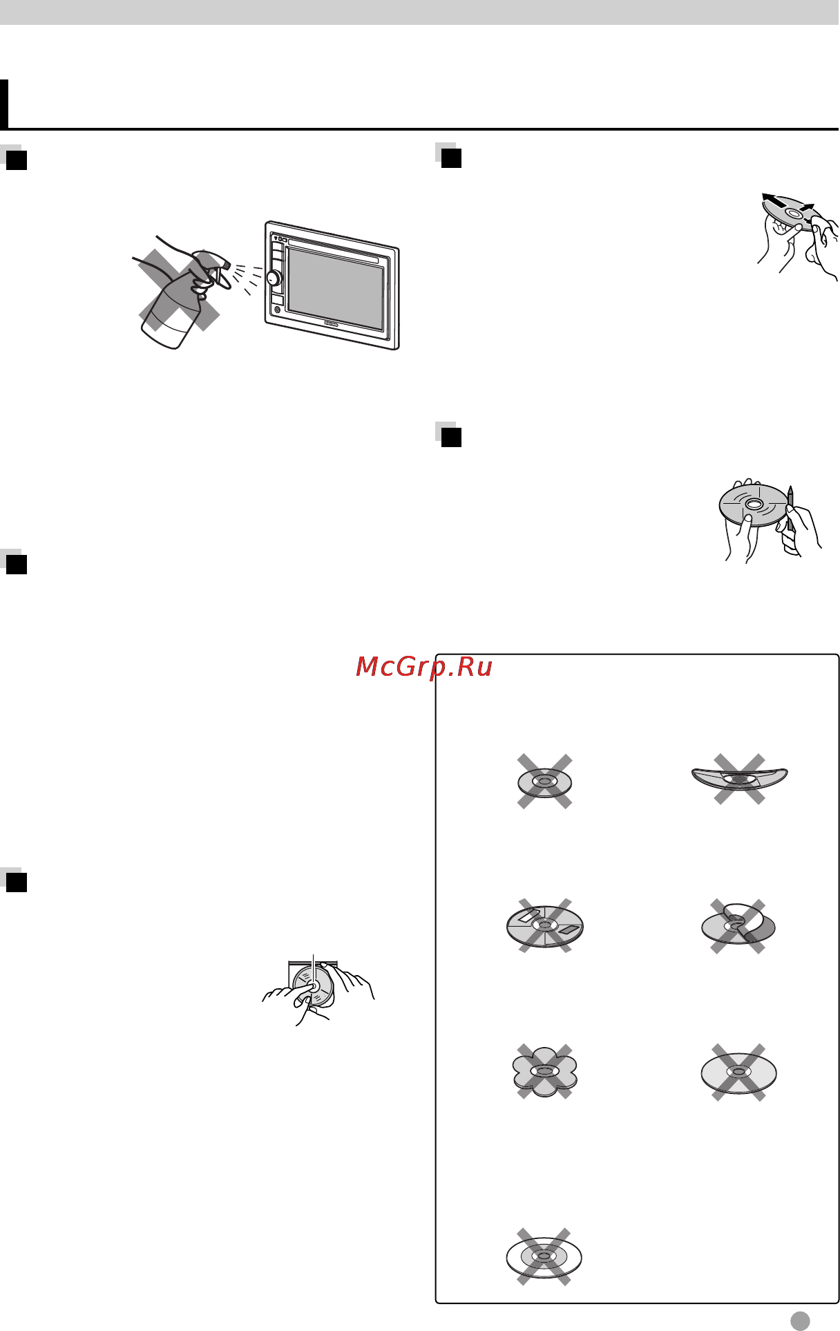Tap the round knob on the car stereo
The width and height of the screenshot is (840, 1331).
click(x=273, y=279)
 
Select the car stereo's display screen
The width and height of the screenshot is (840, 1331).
click(x=335, y=288)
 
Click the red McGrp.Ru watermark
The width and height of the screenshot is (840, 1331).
click(x=424, y=667)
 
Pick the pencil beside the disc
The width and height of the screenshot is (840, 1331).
click(x=790, y=509)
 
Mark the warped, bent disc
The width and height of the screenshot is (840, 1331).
click(x=739, y=777)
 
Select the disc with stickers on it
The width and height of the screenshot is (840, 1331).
click(x=545, y=925)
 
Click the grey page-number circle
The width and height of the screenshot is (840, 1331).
click(x=800, y=1320)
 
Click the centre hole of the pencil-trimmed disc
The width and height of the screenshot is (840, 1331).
click(x=753, y=505)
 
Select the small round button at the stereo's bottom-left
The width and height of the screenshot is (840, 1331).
click(x=277, y=310)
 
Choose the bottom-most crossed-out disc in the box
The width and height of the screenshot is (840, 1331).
click(x=544, y=1256)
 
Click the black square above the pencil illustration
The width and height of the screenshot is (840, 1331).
click(x=451, y=437)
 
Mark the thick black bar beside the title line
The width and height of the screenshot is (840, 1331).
click(x=4, y=104)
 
